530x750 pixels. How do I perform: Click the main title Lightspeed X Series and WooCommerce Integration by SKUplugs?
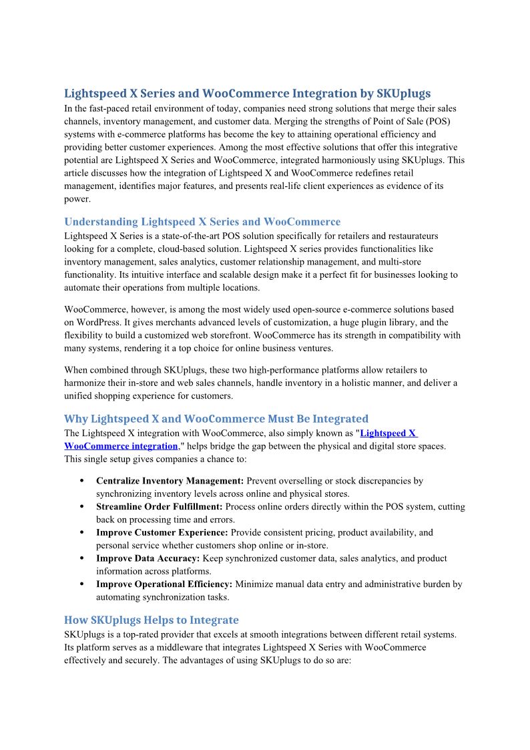(x=247, y=93)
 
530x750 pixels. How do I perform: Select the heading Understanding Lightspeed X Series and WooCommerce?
(x=202, y=222)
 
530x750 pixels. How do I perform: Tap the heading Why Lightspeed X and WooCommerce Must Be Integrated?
(x=216, y=419)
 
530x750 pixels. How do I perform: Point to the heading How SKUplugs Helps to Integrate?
(x=151, y=620)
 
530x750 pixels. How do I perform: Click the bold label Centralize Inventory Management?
(x=170, y=481)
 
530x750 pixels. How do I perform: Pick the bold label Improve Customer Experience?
(x=162, y=533)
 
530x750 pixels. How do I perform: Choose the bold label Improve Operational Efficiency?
(x=164, y=584)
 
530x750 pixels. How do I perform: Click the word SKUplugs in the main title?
(x=404, y=93)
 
